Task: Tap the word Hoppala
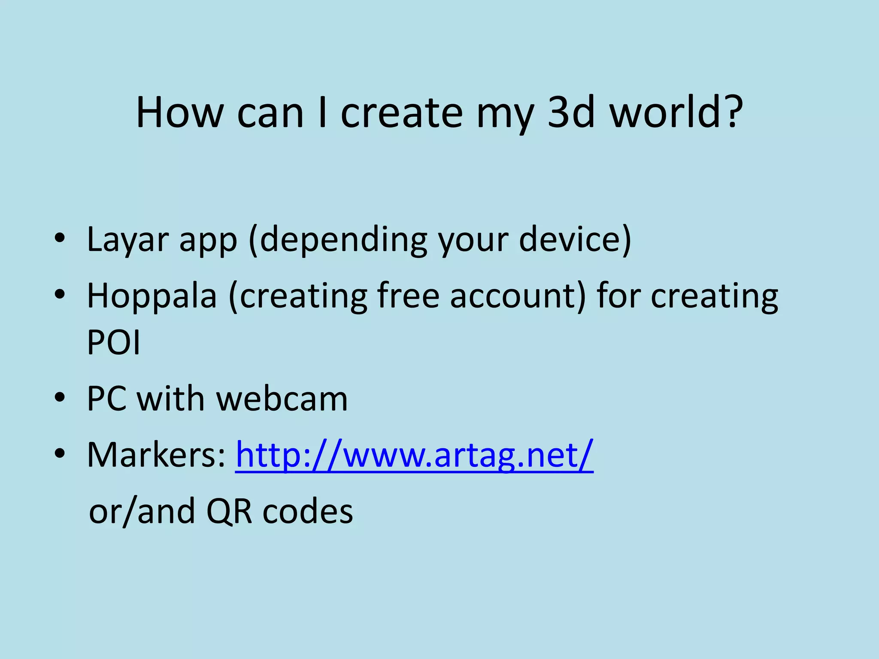click(x=152, y=296)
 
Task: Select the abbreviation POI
click(x=113, y=342)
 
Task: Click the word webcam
click(x=282, y=399)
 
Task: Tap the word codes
click(x=308, y=511)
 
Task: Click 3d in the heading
click(x=571, y=112)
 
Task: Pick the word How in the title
click(x=179, y=112)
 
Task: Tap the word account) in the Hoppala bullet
click(x=517, y=296)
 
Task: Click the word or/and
click(x=142, y=511)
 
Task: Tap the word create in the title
click(x=402, y=112)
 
